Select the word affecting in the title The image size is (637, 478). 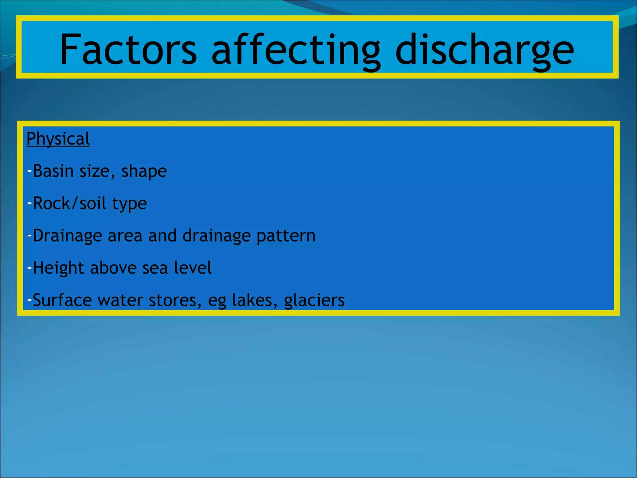(295, 50)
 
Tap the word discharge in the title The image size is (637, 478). (484, 50)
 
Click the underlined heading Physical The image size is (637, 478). (58, 139)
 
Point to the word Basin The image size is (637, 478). (53, 171)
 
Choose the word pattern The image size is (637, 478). (286, 236)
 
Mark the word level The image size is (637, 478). (193, 268)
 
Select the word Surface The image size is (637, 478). (62, 300)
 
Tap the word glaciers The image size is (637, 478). (314, 300)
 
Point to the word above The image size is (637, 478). (113, 268)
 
